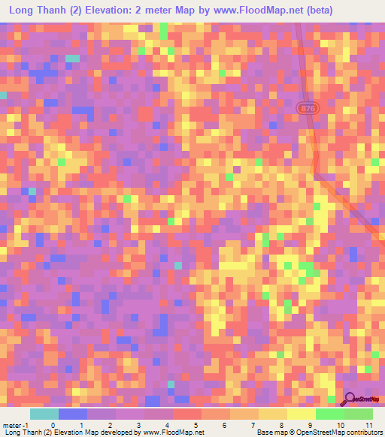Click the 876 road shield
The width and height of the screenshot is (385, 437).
(308, 108)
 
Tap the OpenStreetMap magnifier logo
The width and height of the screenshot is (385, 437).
(350, 399)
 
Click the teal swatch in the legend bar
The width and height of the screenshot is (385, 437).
(44, 414)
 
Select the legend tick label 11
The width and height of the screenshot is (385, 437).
(368, 424)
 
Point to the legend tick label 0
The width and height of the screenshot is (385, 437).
(52, 424)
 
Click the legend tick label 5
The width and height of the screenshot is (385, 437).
(196, 424)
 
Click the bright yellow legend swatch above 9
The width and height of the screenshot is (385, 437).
(302, 414)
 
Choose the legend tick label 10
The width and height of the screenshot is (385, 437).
(339, 424)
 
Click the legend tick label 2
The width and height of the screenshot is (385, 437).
(110, 424)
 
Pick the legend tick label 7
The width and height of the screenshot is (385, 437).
(253, 424)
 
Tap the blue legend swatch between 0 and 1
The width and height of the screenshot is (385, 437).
(72, 414)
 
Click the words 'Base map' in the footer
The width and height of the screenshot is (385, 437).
(271, 432)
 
